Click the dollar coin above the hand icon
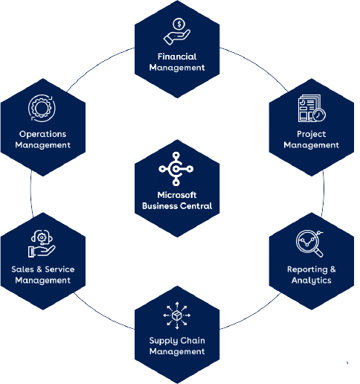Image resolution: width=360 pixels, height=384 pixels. click(179, 24)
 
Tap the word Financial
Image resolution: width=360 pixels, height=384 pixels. click(177, 57)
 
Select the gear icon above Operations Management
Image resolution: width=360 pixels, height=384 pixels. click(42, 108)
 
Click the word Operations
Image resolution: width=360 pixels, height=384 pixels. click(42, 134)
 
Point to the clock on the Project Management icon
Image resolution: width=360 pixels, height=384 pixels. click(319, 115)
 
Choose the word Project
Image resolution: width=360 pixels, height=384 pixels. click(312, 134)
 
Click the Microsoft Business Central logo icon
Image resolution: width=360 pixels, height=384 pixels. click(176, 169)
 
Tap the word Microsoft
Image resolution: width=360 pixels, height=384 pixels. click(177, 195)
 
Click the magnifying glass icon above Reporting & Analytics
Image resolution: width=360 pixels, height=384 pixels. click(309, 244)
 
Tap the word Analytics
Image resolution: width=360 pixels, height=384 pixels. click(312, 281)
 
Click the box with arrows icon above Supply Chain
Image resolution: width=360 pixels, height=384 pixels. click(177, 316)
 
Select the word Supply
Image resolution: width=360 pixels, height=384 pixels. click(161, 341)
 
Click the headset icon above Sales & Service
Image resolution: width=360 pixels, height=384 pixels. click(42, 237)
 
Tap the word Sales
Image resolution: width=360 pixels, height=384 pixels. click(22, 269)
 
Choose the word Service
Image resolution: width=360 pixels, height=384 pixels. click(60, 269)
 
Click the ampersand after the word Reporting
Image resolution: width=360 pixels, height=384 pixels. click(332, 269)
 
